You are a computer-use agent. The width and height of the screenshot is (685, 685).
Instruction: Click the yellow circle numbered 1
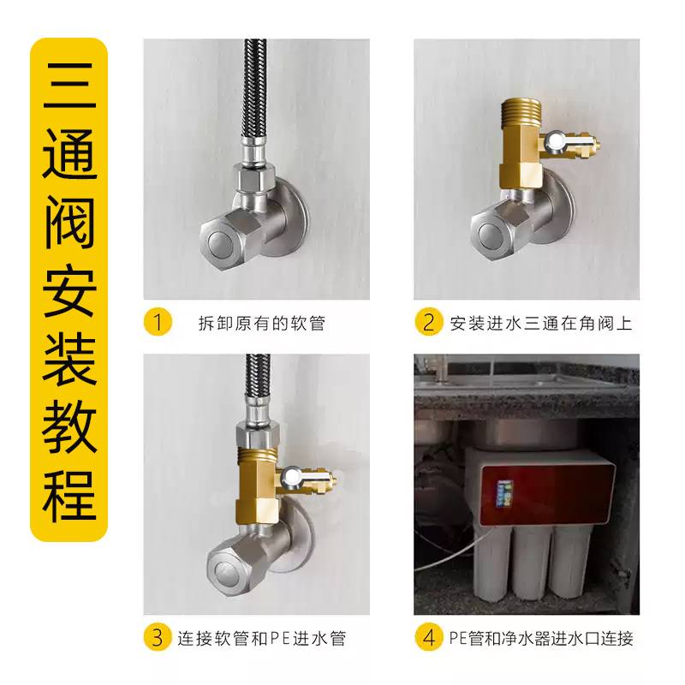click(x=158, y=322)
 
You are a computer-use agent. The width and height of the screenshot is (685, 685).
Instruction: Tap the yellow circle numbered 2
click(x=429, y=322)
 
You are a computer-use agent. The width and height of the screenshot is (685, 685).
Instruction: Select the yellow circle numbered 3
click(x=158, y=637)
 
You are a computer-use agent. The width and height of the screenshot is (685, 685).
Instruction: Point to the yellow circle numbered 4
click(x=429, y=637)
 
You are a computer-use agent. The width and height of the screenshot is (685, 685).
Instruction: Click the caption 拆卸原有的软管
click(x=262, y=324)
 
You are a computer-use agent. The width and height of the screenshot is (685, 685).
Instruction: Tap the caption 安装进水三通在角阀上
click(x=541, y=324)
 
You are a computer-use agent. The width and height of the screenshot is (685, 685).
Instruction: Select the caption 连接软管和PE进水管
click(x=262, y=638)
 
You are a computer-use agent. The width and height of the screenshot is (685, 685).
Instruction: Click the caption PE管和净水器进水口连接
click(x=541, y=638)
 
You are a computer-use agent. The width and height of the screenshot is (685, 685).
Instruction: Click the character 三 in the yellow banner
click(x=69, y=86)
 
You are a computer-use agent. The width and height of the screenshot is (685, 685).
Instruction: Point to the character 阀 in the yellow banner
click(x=69, y=222)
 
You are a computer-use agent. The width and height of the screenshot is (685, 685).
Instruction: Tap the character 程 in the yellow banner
click(x=69, y=495)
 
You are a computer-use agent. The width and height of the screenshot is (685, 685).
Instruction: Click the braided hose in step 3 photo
click(x=256, y=379)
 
